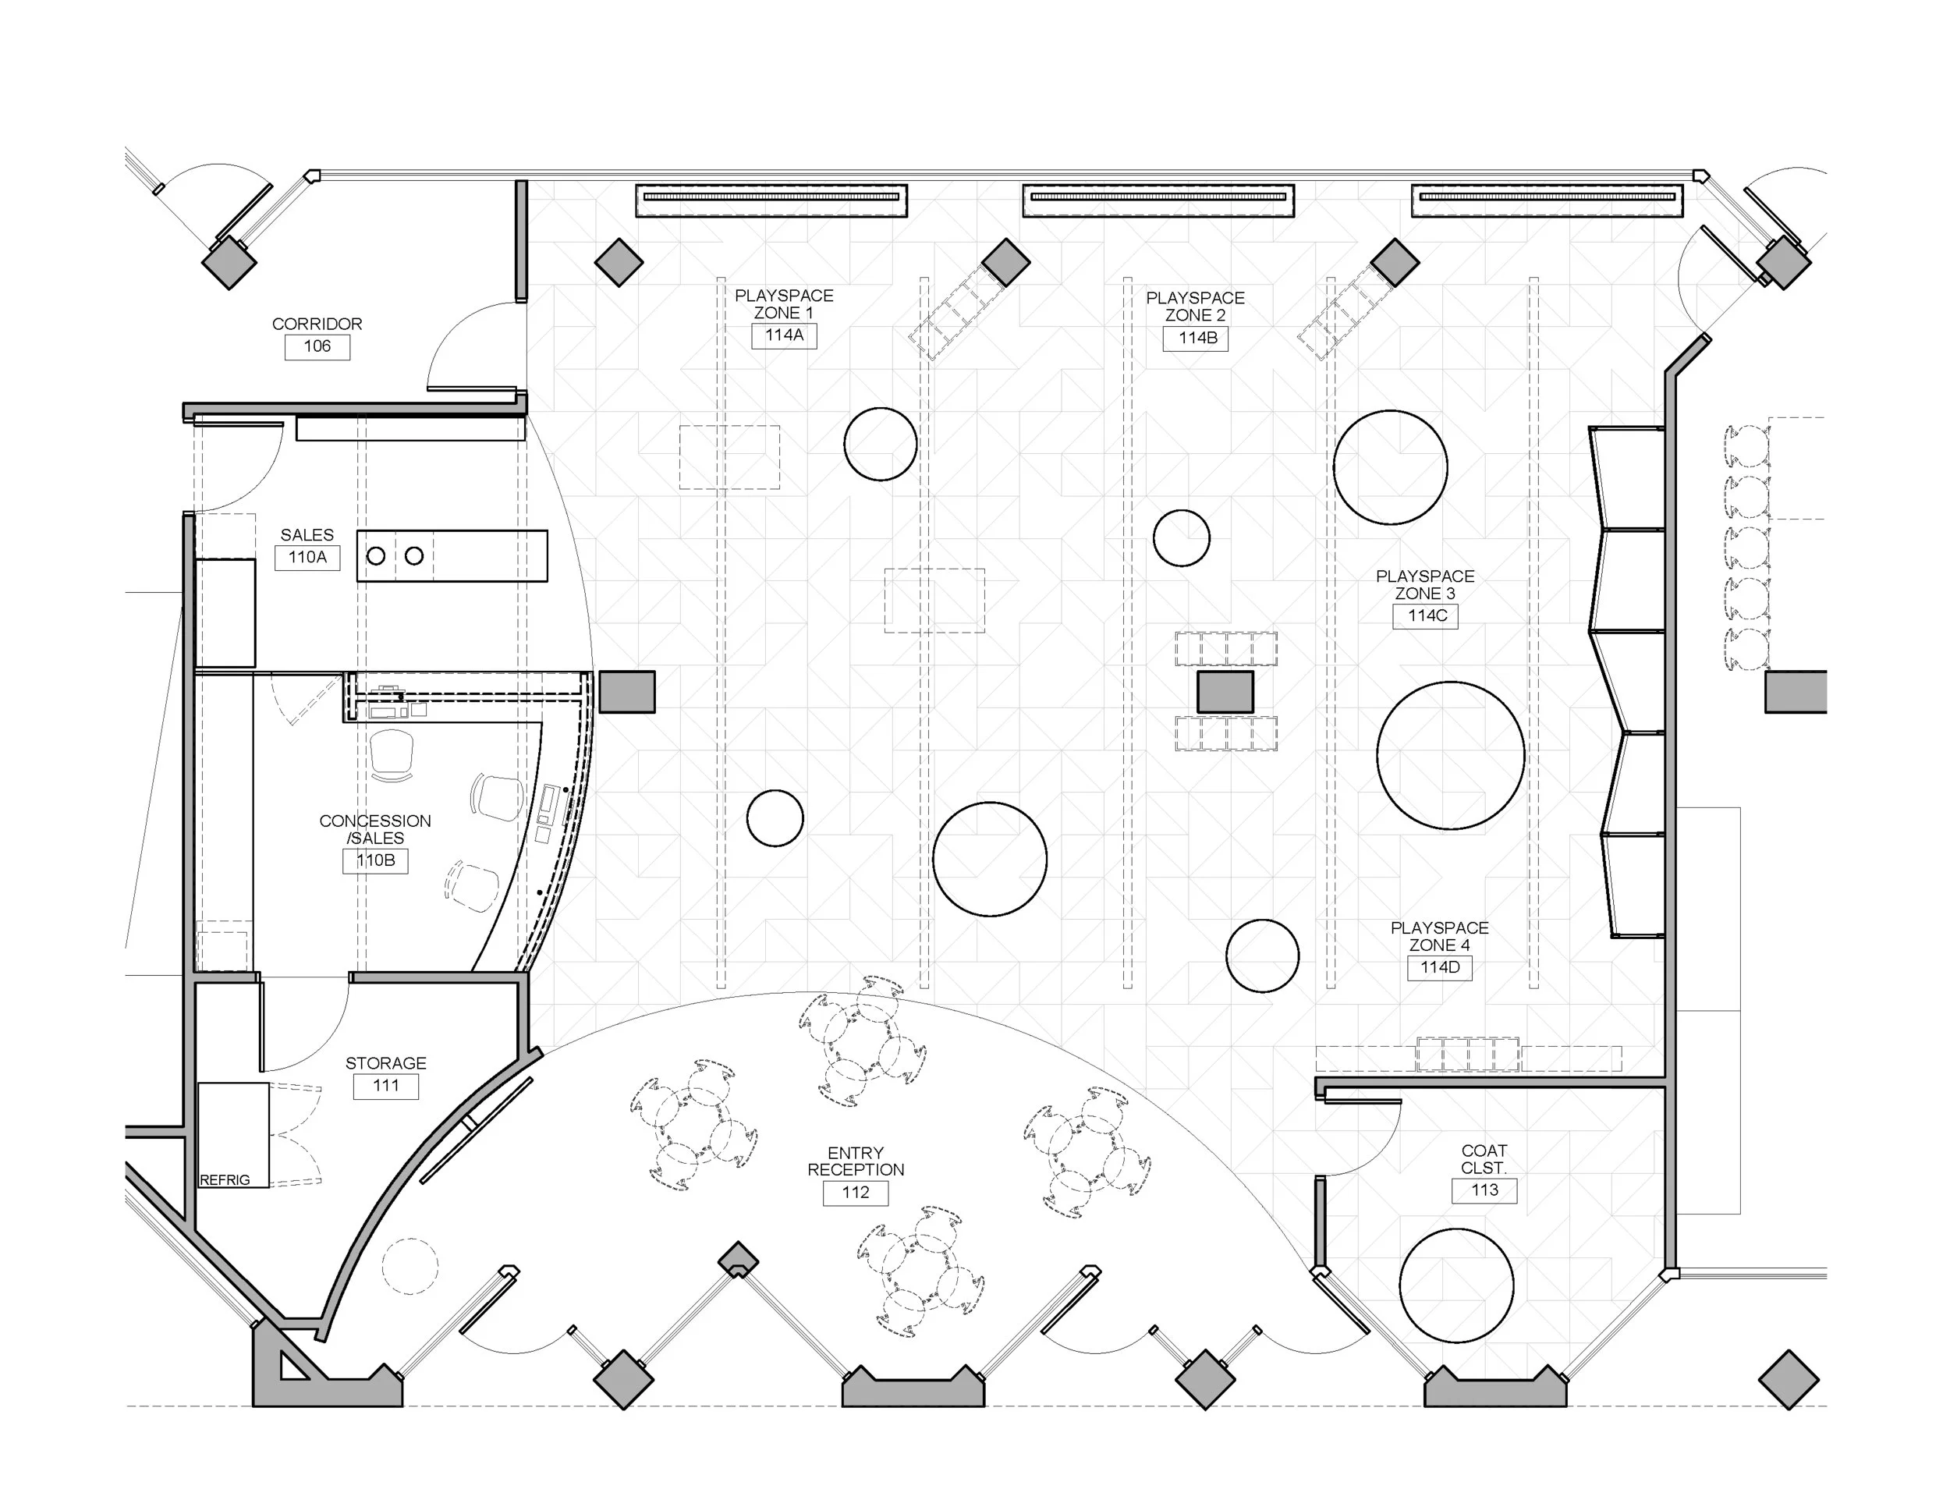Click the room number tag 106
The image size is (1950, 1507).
point(317,346)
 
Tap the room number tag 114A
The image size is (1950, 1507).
point(784,335)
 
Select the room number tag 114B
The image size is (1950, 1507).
point(1196,339)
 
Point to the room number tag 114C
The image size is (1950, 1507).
point(1426,616)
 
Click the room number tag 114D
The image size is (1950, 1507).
point(1440,968)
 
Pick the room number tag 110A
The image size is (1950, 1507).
point(307,558)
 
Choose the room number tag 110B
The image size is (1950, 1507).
point(375,860)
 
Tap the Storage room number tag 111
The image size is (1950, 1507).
point(386,1087)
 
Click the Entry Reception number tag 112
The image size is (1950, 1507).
point(856,1193)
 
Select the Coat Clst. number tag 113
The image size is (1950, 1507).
point(1484,1191)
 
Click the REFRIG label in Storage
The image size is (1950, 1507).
point(225,1180)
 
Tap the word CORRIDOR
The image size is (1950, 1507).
point(317,324)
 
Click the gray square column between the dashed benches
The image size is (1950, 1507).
point(1225,692)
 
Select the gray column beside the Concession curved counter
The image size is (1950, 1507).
point(627,692)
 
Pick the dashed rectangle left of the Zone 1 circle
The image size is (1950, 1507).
point(729,457)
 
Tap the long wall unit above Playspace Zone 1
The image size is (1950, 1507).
point(771,201)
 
